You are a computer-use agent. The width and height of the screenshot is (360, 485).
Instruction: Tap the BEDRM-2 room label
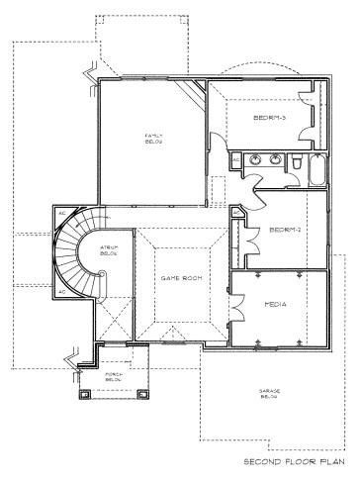(x=279, y=230)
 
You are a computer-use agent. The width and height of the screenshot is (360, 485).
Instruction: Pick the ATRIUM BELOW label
(x=97, y=254)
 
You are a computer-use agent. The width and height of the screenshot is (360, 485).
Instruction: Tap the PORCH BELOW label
(x=116, y=377)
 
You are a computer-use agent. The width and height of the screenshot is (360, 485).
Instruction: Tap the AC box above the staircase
(x=60, y=212)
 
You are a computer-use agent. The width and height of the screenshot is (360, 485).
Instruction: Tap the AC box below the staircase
(x=60, y=293)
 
